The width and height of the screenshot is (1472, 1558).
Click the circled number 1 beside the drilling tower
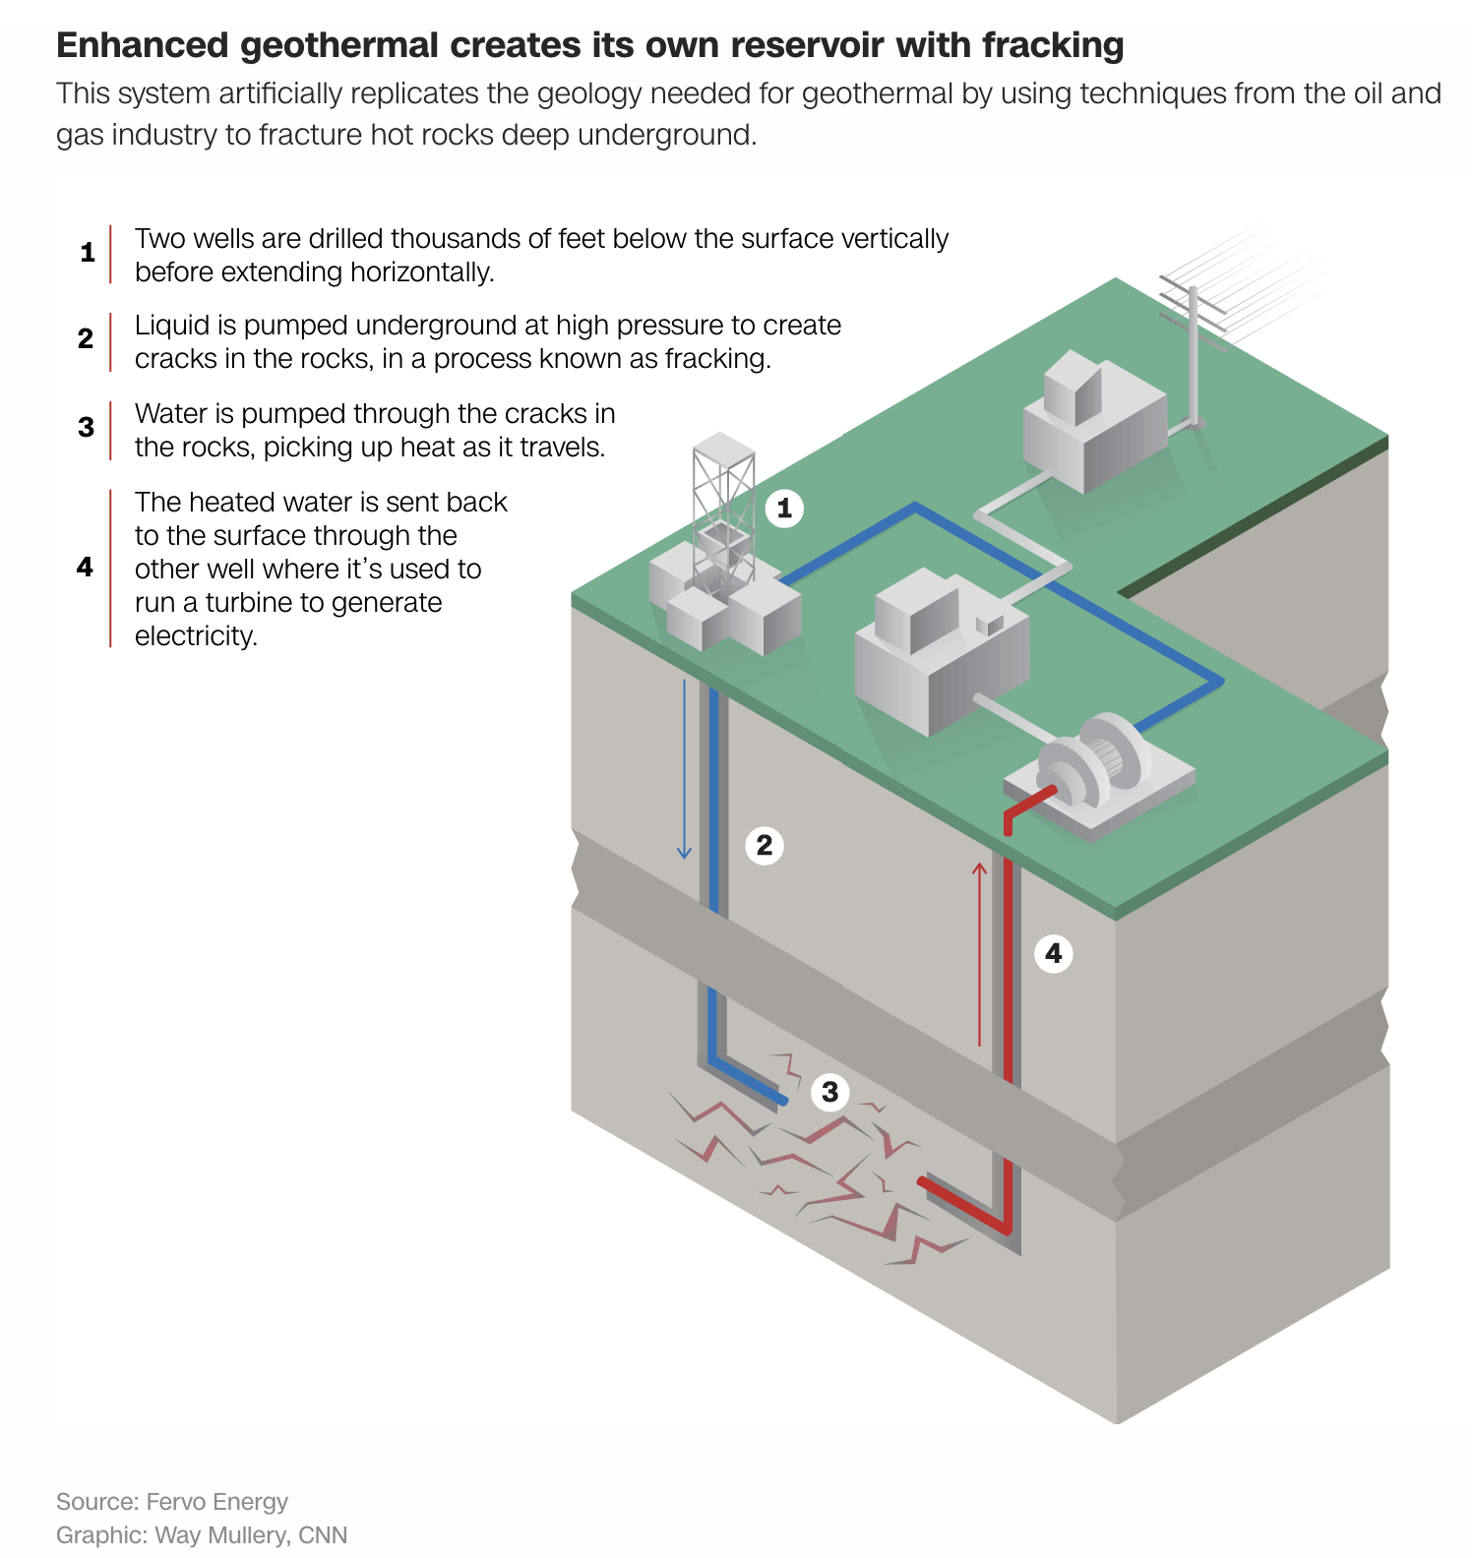tap(784, 509)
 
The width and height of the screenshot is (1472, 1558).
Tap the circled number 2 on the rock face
tap(765, 845)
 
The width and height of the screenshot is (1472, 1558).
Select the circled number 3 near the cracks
tap(830, 1092)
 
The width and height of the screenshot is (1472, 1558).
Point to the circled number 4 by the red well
tap(1054, 953)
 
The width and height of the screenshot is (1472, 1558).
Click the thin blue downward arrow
tap(684, 767)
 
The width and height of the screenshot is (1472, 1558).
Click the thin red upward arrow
tap(979, 954)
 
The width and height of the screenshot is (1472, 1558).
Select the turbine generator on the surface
tap(1097, 767)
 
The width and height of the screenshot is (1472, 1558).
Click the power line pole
tap(1194, 354)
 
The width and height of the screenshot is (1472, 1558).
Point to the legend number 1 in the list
tap(88, 253)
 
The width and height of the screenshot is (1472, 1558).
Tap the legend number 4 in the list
tap(86, 567)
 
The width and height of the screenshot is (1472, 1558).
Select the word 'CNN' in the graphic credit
tap(323, 1535)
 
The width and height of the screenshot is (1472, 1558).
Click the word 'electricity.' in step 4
tap(196, 636)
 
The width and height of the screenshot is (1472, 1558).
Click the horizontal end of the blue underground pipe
tap(777, 1098)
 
